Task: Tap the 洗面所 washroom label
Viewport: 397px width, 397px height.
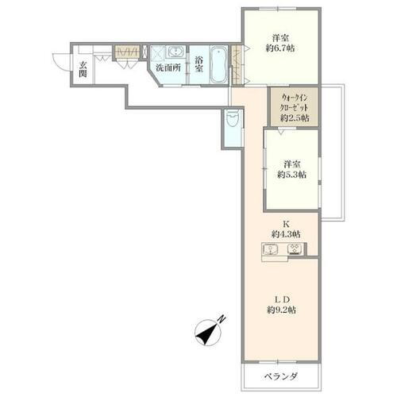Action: point(168,67)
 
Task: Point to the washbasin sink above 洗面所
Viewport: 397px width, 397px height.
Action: point(175,53)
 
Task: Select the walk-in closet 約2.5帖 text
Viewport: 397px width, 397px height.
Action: point(295,118)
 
